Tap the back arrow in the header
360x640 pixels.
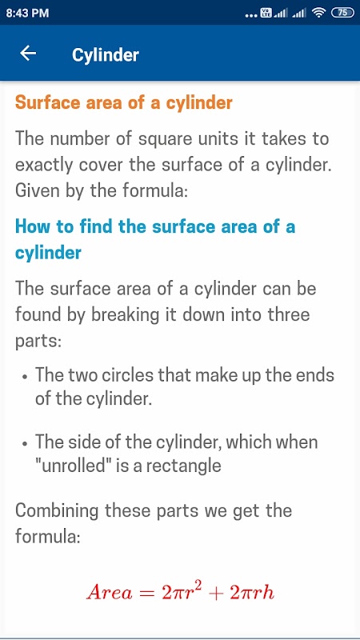coord(28,53)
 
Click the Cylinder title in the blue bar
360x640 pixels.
coord(106,54)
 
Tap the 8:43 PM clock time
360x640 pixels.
coord(27,13)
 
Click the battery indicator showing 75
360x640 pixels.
coord(342,13)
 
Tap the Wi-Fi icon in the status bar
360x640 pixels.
coord(318,13)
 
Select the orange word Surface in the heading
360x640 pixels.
coord(47,102)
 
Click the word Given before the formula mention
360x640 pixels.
coord(38,191)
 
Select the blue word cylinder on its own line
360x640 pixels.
coord(48,253)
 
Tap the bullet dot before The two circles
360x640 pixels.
coord(26,377)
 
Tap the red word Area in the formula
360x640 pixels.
coord(110,593)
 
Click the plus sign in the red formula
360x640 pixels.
coord(216,593)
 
